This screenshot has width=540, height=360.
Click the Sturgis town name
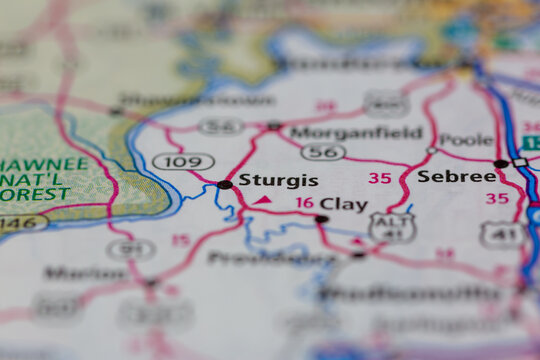[x=279, y=181]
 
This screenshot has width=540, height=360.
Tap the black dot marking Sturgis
[x=225, y=185]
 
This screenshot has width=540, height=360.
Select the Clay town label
[x=343, y=204]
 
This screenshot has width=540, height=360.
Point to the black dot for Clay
[x=321, y=219]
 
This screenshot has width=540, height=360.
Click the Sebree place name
[x=456, y=176]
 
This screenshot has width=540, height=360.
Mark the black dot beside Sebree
[x=500, y=164]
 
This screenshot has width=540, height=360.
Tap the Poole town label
[x=466, y=140]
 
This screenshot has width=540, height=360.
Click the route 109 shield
[x=183, y=161]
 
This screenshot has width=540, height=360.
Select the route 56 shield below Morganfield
[x=323, y=152]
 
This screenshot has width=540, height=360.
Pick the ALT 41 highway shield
[x=392, y=228]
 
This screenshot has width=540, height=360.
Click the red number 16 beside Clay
[x=304, y=203]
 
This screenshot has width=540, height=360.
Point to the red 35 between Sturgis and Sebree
[x=379, y=178]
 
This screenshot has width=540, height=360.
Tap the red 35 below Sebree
[x=497, y=198]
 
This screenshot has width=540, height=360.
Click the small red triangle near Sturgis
[x=262, y=200]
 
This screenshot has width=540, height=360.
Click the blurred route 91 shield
[x=131, y=249]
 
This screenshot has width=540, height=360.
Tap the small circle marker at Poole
[x=432, y=151]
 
